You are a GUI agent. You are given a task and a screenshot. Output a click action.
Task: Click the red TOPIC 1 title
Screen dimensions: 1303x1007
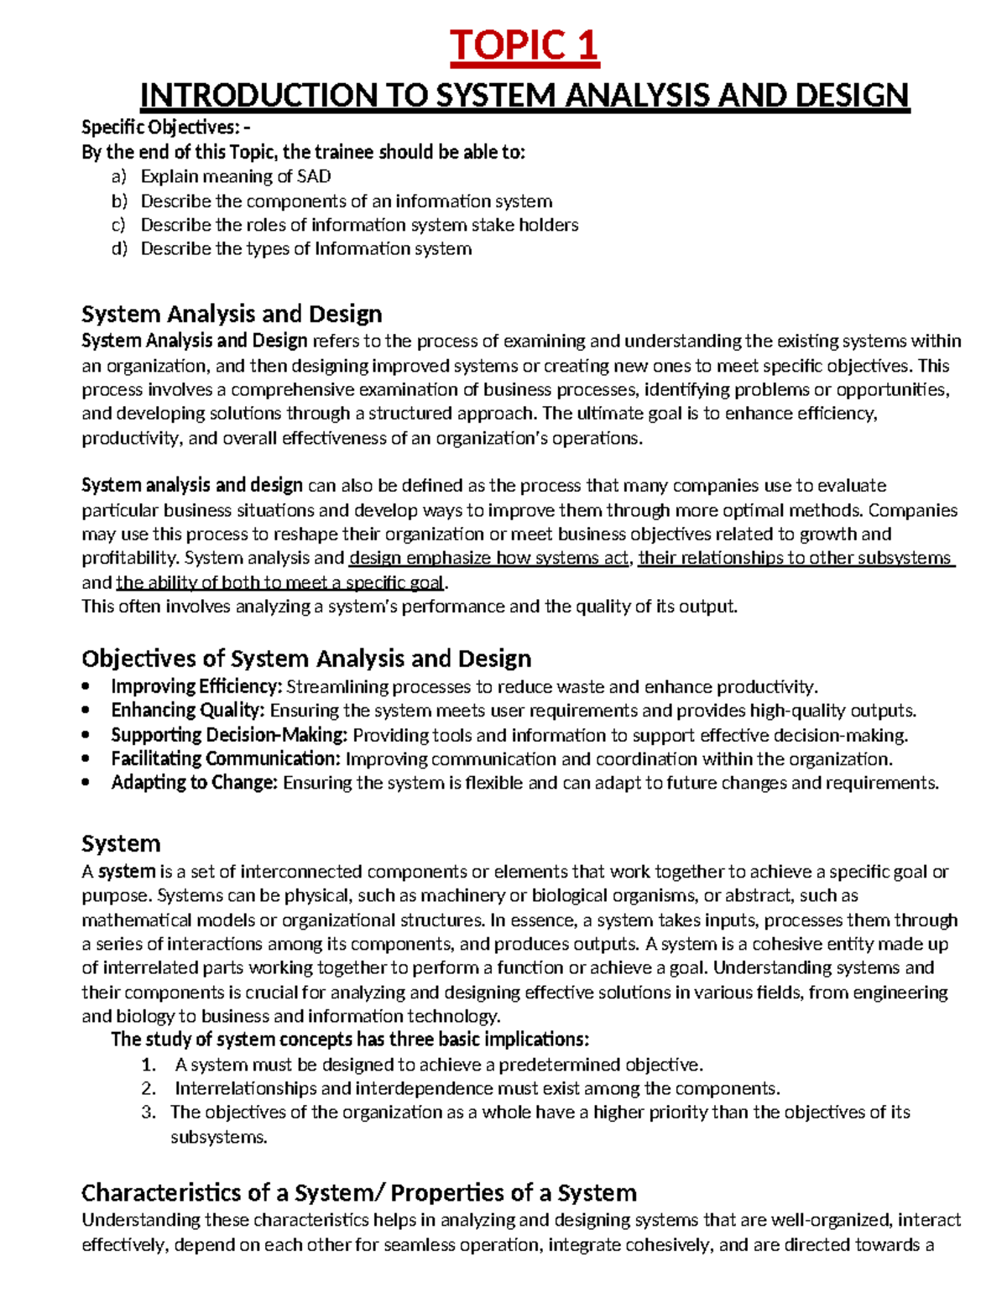[x=524, y=45]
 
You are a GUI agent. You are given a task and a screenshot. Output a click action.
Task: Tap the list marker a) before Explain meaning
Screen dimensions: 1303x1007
[x=118, y=177]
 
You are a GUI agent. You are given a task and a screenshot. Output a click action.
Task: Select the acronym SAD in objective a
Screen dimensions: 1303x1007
[x=314, y=177]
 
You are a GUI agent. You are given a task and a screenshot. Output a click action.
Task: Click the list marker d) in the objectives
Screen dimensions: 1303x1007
[x=118, y=249]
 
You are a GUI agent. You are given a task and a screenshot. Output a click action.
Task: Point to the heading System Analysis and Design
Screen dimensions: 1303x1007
[x=232, y=314]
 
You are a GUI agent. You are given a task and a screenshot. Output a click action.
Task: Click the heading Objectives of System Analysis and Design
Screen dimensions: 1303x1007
[x=306, y=658]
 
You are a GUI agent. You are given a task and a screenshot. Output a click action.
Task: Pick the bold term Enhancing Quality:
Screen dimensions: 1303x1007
[x=188, y=711]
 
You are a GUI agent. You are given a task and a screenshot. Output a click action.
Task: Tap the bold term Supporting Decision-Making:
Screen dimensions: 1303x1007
[x=229, y=735]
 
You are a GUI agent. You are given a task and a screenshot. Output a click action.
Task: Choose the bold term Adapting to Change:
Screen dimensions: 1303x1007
[x=194, y=783]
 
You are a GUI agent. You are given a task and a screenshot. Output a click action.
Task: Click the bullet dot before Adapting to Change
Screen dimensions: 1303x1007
[x=86, y=784]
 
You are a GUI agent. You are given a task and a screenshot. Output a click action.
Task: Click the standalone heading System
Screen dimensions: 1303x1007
[x=121, y=843]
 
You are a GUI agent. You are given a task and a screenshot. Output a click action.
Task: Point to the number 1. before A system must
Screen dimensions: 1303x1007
[x=149, y=1066]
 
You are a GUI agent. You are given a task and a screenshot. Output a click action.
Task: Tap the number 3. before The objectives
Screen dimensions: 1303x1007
[x=149, y=1113]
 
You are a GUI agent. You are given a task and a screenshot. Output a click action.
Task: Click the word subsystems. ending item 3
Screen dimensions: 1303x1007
[x=219, y=1138]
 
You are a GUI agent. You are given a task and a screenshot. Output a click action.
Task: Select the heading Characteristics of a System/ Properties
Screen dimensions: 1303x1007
[x=358, y=1192]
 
